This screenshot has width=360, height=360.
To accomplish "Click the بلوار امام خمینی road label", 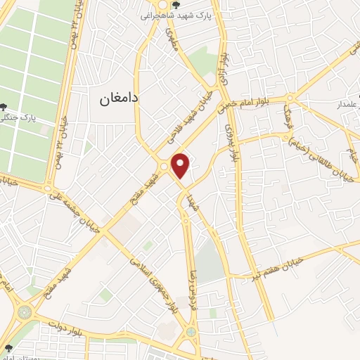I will pos(250,103).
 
